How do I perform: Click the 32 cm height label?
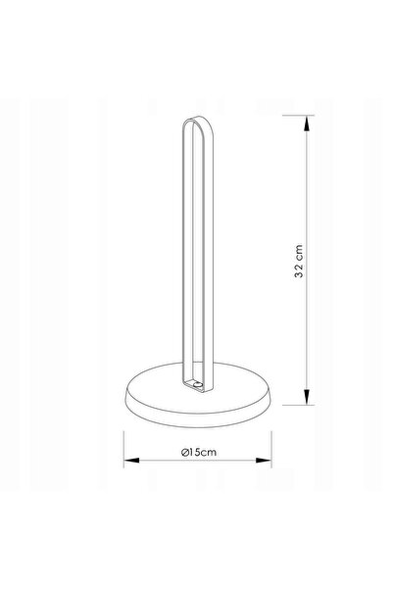point(299,261)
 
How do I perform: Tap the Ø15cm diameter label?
point(199,452)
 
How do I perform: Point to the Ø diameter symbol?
point(184,452)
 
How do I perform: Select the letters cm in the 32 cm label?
point(299,252)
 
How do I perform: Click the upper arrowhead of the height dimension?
point(307,123)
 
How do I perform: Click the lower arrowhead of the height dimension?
point(307,397)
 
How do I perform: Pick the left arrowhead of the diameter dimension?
point(131,461)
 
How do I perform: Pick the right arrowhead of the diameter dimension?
point(264,461)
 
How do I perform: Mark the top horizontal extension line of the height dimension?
point(298,116)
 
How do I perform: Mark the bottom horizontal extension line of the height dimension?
point(298,405)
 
